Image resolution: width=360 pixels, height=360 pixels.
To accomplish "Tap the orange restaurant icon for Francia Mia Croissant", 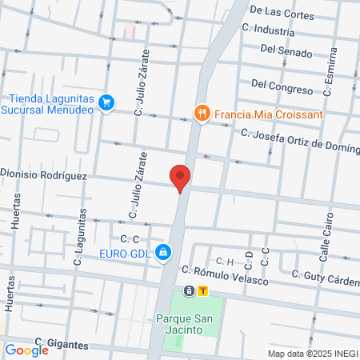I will pyautogui.click(x=202, y=114).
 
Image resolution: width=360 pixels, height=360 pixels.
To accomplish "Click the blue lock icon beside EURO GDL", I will pyautogui.click(x=162, y=253).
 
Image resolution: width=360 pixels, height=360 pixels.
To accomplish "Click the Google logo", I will pyautogui.click(x=26, y=350).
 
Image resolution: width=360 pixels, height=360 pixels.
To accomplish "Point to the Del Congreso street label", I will pyautogui.click(x=282, y=83).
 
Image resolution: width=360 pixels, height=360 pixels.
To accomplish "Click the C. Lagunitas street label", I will pyautogui.click(x=79, y=236).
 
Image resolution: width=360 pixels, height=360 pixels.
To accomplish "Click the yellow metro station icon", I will pyautogui.click(x=203, y=290).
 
